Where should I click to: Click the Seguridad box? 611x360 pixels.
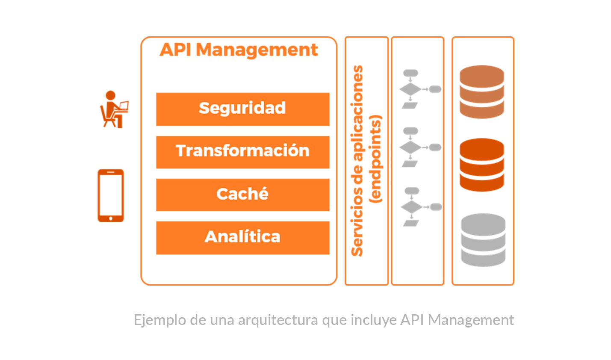tap(243, 109)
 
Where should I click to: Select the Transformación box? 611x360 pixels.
tap(243, 152)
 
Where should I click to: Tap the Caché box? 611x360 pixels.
tap(243, 195)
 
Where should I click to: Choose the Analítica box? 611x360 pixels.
tap(243, 238)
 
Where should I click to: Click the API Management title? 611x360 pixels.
tap(239, 50)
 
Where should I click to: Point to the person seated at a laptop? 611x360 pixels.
tap(114, 109)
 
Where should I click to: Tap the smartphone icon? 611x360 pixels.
tap(111, 195)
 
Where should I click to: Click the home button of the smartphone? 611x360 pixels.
tap(111, 218)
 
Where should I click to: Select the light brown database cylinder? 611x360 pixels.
tap(482, 91)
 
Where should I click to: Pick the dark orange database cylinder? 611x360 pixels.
tap(482, 165)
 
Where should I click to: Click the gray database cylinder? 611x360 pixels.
tap(483, 240)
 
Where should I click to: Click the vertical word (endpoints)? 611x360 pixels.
tap(375, 159)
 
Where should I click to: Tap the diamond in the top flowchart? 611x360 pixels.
tap(410, 89)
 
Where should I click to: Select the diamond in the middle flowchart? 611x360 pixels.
tap(410, 148)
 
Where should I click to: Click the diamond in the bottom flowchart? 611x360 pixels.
tap(412, 207)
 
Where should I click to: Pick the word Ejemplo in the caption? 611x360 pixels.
tap(159, 320)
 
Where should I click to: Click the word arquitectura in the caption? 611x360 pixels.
tap(278, 320)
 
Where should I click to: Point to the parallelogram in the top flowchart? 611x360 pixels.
tap(410, 106)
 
